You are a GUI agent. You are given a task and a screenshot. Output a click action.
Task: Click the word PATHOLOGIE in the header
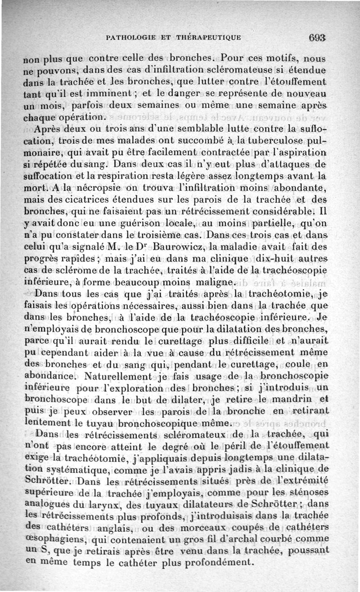pyautogui.click(x=130, y=37)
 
